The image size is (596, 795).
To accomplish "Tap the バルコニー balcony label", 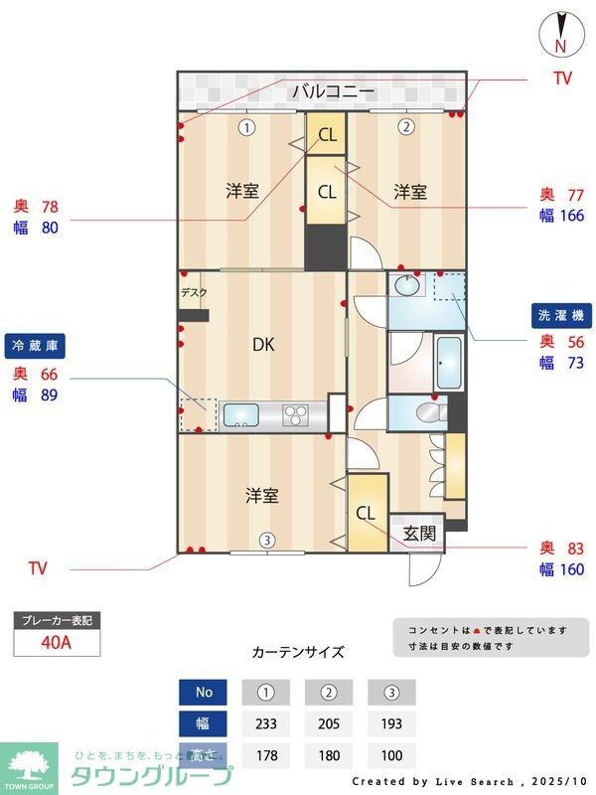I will [x=333, y=92].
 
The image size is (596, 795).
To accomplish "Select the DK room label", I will [x=262, y=345].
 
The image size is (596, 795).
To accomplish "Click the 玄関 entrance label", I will [x=419, y=533].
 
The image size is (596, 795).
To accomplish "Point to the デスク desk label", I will [x=194, y=292].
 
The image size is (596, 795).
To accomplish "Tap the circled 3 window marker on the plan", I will [x=266, y=541].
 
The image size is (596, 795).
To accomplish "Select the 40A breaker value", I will [x=57, y=642].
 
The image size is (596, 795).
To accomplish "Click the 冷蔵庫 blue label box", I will [x=34, y=346].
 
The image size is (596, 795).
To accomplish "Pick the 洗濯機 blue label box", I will [x=562, y=315].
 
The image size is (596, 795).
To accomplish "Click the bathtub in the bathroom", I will [x=449, y=363].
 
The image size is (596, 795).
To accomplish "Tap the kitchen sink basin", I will [x=240, y=414].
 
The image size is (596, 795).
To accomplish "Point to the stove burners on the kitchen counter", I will [x=297, y=413].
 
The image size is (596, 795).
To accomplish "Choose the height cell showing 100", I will [x=390, y=754].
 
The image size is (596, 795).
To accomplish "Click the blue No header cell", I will [x=204, y=692].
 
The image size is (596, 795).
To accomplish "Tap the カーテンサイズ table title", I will [x=298, y=653].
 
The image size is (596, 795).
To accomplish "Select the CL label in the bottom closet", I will [x=366, y=514].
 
